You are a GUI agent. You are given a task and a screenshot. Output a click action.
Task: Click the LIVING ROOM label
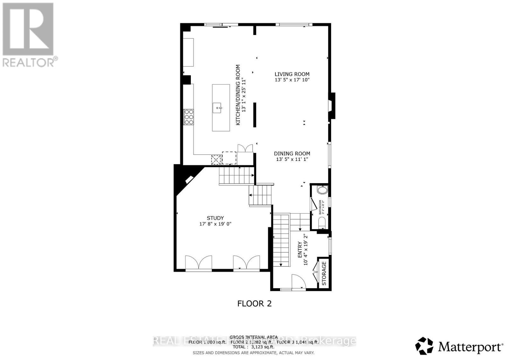(x=292, y=74)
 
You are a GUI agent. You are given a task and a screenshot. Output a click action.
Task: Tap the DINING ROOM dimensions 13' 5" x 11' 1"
(x=292, y=159)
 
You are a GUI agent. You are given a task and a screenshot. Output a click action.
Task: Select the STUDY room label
(x=215, y=218)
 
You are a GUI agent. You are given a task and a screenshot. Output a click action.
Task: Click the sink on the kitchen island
(x=218, y=108)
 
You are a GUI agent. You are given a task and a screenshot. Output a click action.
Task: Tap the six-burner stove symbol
(x=188, y=117)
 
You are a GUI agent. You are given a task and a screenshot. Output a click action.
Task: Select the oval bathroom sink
(x=322, y=190)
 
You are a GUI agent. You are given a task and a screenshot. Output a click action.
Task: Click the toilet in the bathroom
(x=322, y=222)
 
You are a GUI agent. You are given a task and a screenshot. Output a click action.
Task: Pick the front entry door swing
(x=298, y=282)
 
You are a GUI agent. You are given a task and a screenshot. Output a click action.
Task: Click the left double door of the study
(x=199, y=262)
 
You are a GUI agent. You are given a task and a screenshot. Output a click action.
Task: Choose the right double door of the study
(x=247, y=262)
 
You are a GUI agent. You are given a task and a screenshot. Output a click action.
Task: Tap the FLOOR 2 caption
(x=254, y=303)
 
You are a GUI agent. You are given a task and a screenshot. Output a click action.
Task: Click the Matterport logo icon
(x=424, y=346)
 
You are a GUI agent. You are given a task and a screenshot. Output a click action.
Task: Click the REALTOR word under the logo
(x=29, y=62)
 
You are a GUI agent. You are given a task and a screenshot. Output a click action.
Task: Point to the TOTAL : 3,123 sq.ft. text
(x=253, y=347)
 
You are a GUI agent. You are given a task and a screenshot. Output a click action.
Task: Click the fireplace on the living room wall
(x=332, y=106)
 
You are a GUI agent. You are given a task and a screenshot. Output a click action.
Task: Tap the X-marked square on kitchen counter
(x=216, y=159)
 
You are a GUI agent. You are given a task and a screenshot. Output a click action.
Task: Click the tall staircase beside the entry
(x=281, y=240)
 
